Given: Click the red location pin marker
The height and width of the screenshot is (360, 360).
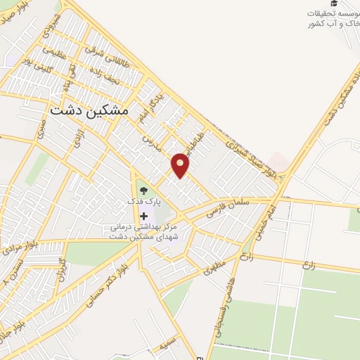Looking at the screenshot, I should click(181, 165).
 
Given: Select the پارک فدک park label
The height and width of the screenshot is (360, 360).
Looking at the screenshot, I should click(144, 201).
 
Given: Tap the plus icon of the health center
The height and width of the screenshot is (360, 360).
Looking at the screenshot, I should click(144, 215).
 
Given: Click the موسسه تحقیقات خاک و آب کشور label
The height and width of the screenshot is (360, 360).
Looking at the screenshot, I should click(332, 19).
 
